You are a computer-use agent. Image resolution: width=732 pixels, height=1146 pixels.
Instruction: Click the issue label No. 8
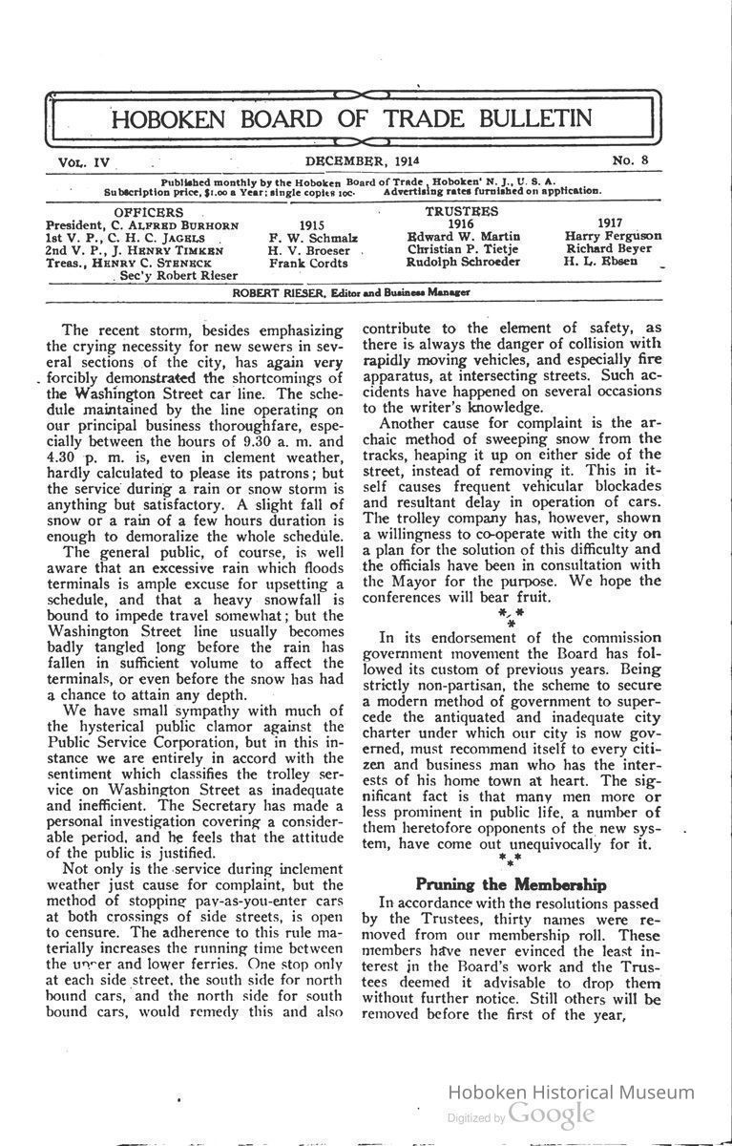point(631,160)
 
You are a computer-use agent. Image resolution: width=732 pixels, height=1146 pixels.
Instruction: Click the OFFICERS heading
point(149,211)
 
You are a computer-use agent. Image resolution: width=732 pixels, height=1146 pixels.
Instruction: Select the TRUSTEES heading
point(461,211)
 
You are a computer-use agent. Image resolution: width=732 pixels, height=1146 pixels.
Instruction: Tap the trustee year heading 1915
point(312,224)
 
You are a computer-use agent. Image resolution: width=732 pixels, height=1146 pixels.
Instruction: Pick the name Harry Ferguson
point(613,237)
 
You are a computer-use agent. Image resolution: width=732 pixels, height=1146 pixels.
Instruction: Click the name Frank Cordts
point(308,263)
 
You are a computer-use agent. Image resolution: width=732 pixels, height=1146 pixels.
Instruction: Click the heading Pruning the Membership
point(511,884)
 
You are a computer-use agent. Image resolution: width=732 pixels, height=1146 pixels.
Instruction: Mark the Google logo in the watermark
point(552,1114)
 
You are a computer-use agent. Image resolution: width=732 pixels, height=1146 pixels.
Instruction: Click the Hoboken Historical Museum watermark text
point(571,1093)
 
